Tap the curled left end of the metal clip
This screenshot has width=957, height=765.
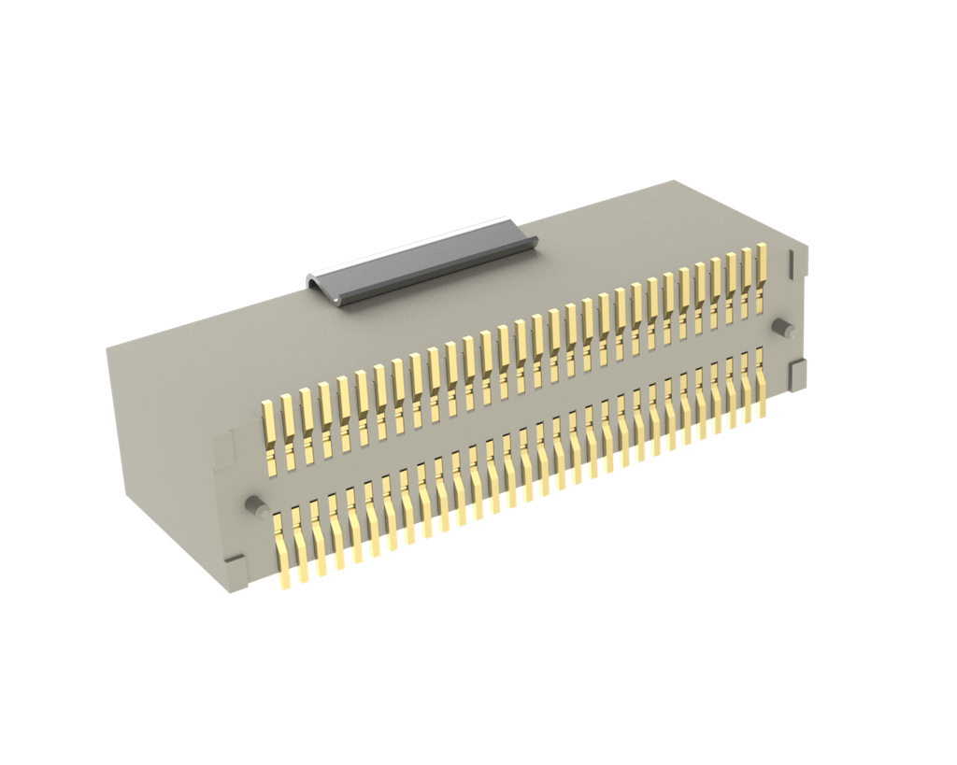click(x=322, y=286)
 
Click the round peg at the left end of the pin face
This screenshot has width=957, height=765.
click(x=252, y=504)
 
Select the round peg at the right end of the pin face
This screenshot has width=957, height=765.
click(x=783, y=328)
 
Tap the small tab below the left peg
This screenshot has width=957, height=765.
click(x=236, y=568)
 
